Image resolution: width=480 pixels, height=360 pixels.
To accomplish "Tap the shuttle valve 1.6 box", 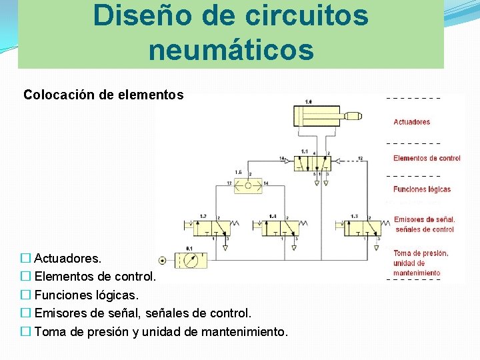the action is click(x=248, y=185).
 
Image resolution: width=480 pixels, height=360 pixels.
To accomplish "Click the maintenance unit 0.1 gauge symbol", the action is click(x=190, y=260).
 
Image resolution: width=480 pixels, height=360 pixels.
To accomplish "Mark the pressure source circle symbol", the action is click(x=162, y=260).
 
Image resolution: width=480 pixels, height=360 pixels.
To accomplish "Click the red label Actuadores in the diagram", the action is click(x=412, y=122).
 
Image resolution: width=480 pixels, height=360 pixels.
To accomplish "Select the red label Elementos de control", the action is click(x=427, y=158).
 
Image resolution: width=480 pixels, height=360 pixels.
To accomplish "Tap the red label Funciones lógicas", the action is click(x=422, y=189).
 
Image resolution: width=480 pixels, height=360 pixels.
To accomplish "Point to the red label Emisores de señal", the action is click(x=424, y=219).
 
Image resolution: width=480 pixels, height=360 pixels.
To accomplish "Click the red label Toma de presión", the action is click(x=421, y=253).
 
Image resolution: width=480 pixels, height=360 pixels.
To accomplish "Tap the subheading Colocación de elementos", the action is click(x=103, y=95).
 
